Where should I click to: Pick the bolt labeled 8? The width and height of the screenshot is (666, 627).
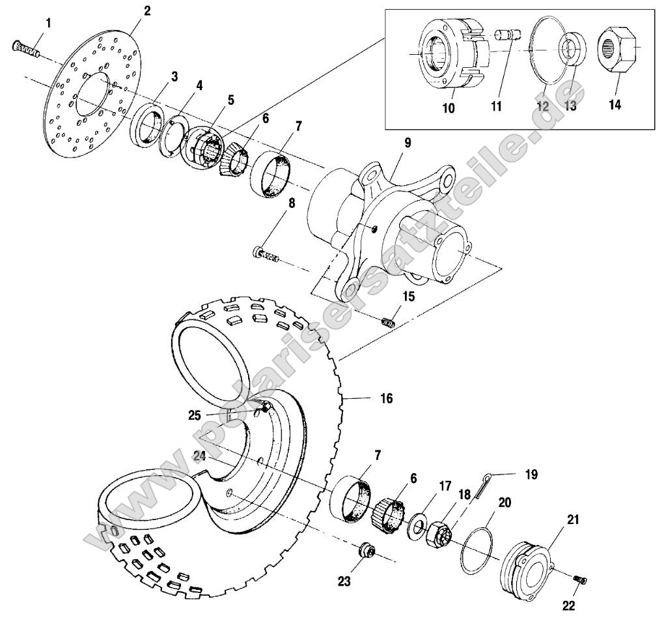point(267,254)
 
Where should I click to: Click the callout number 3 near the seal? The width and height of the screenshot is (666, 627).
point(174,78)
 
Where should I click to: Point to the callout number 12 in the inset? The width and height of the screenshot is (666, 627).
point(544,106)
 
